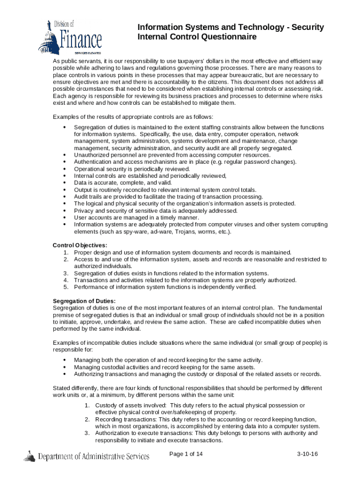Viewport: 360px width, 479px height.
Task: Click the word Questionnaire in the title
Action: point(226,37)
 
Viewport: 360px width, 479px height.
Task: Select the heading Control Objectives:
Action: point(80,245)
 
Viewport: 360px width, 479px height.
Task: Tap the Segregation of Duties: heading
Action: point(84,301)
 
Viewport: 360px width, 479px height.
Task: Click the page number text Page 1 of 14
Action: point(186,454)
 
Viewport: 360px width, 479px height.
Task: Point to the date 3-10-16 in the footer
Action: point(307,455)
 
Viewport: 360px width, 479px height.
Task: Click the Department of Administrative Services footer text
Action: point(94,456)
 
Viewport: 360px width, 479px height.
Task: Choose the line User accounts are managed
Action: point(133,218)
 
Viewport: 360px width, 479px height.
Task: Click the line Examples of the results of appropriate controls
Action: point(133,116)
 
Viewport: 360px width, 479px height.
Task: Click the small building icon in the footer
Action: point(30,456)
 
